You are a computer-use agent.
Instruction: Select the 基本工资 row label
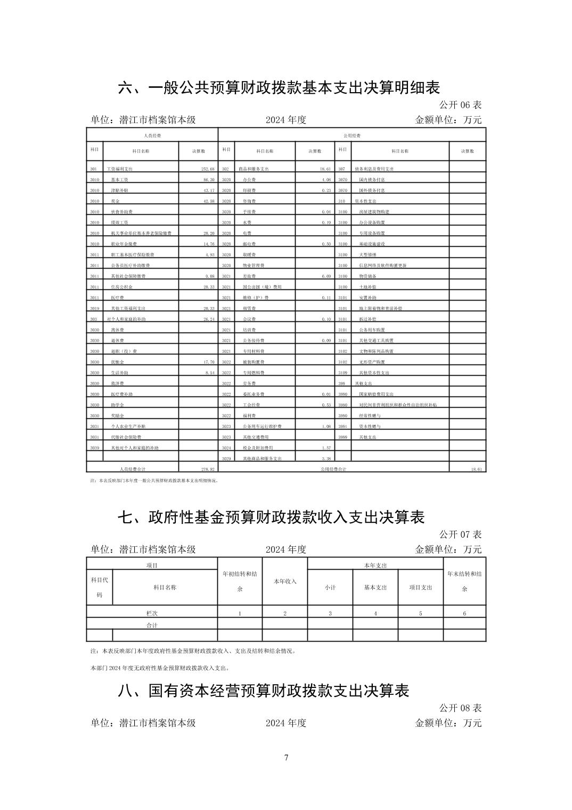click(119, 180)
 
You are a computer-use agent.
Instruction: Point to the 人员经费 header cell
click(152, 136)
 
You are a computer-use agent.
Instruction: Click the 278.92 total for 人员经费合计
click(207, 469)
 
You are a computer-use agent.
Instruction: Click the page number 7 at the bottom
click(286, 758)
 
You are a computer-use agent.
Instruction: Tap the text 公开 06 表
click(460, 104)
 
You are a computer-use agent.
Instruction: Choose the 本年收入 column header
click(285, 581)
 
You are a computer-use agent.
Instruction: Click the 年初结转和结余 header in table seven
click(240, 581)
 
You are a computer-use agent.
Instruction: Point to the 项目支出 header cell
click(421, 587)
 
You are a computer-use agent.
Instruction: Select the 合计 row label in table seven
click(152, 625)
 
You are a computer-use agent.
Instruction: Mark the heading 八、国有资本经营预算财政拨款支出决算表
click(264, 691)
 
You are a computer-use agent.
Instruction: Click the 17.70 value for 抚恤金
click(208, 362)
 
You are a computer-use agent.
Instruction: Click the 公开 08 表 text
click(460, 708)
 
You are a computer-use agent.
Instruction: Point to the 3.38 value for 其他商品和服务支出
click(326, 458)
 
